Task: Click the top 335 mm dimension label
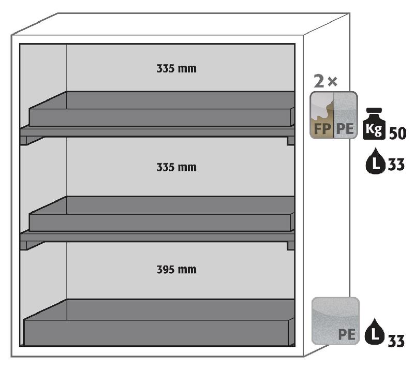(176, 68)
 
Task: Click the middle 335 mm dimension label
(176, 168)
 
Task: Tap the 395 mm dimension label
(176, 270)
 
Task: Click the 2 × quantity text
(326, 81)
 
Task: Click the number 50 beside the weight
(397, 132)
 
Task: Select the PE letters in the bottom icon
(347, 334)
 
